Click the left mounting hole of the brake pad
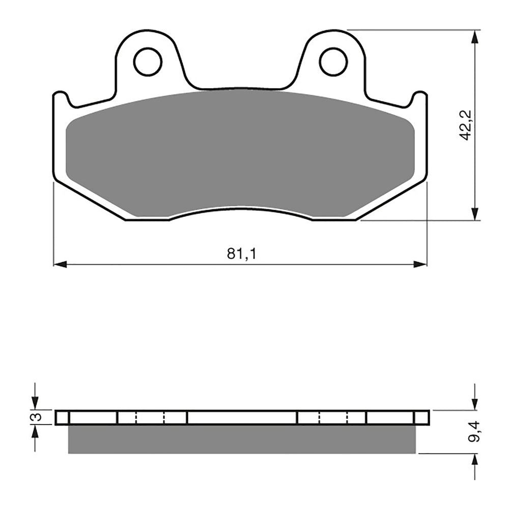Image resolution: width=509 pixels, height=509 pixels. point(148,62)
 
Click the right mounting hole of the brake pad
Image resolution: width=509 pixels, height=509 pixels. point(333,62)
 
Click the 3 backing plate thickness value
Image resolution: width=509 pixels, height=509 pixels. point(36,417)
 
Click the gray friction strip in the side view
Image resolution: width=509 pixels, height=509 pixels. point(242,439)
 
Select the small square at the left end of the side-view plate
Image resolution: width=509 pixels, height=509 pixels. point(62,417)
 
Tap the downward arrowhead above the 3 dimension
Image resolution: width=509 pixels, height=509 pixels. point(35,403)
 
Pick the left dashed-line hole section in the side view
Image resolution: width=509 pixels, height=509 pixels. point(151,417)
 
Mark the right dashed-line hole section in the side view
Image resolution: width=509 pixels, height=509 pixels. point(333,417)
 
